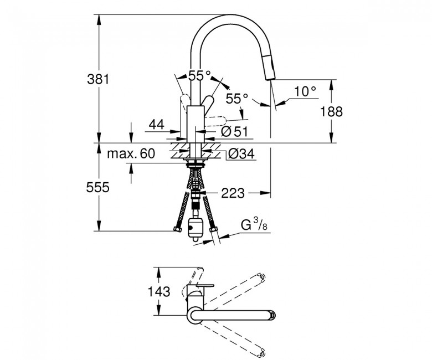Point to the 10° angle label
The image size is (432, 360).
304,91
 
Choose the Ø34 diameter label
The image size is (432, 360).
241,154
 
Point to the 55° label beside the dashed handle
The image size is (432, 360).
237,99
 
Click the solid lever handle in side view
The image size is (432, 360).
208,104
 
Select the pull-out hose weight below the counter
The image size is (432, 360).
196,228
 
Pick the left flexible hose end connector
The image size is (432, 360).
177,229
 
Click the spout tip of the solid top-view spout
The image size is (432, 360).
271,316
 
